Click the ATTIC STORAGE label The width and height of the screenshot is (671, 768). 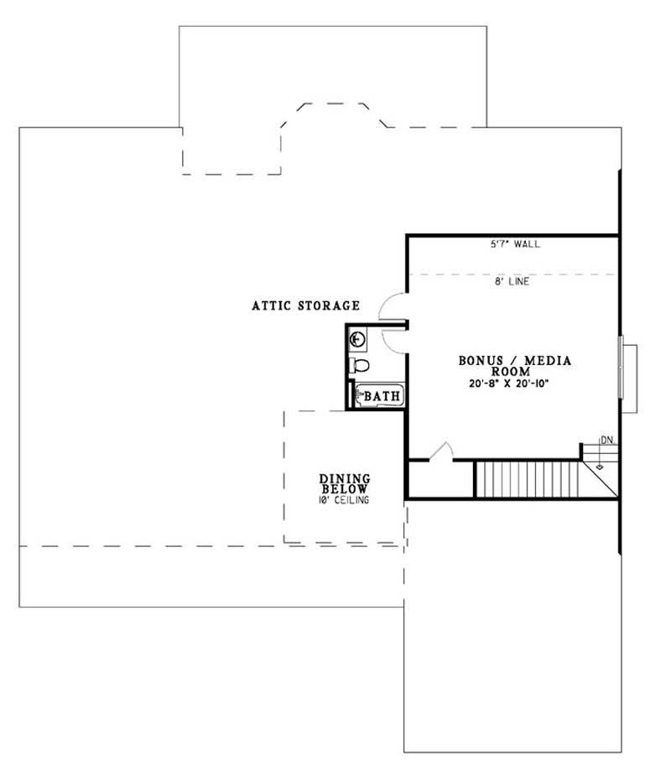pyautogui.click(x=305, y=306)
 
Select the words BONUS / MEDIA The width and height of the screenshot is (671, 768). pyautogui.click(x=515, y=361)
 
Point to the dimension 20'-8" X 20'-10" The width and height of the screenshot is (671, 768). pyautogui.click(x=515, y=384)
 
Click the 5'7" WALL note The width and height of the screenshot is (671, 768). pyautogui.click(x=515, y=245)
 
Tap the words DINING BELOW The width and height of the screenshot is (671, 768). pyautogui.click(x=345, y=483)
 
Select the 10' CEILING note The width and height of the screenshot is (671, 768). pyautogui.click(x=344, y=500)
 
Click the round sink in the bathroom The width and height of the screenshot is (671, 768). pyautogui.click(x=358, y=339)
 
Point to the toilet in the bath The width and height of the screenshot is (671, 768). pyautogui.click(x=359, y=365)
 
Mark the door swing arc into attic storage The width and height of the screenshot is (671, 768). pyautogui.click(x=393, y=307)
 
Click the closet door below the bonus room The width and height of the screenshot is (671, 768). pyautogui.click(x=441, y=452)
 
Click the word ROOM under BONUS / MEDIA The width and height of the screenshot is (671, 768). pyautogui.click(x=515, y=372)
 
